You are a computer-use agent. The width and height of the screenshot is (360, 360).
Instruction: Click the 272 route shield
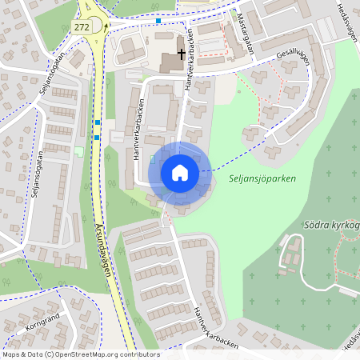coord(81,26)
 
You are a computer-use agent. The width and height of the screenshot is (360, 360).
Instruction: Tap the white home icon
coord(180,172)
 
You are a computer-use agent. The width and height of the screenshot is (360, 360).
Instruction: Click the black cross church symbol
coord(182,54)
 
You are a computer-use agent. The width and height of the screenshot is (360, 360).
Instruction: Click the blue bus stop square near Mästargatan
coord(158,21)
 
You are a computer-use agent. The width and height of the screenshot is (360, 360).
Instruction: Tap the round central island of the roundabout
coord(95,25)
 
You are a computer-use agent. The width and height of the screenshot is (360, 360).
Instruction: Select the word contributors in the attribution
coord(138,354)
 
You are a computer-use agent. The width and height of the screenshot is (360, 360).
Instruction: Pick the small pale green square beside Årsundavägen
coord(78,151)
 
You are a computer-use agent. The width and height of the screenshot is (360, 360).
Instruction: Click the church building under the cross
coord(174,62)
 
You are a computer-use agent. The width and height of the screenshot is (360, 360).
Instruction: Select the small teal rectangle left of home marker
coord(152,160)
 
